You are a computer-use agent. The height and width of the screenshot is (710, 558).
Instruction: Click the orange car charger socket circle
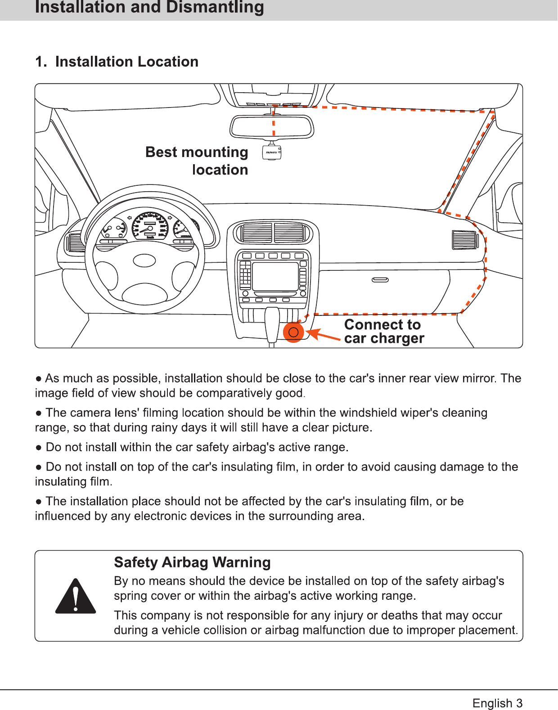point(293,333)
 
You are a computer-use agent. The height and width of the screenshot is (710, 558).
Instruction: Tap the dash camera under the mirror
point(272,153)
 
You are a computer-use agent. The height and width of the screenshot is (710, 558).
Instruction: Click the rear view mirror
point(272,126)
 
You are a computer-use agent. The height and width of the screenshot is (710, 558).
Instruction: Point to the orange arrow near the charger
point(322,335)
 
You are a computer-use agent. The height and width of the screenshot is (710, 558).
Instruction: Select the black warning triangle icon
point(76,597)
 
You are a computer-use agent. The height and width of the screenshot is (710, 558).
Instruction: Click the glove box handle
point(380,280)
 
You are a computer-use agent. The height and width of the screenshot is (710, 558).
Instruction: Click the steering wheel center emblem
point(144,260)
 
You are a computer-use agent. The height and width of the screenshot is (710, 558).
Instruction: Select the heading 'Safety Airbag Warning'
point(192,562)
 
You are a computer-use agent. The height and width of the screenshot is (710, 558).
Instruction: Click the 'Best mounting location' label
point(197,161)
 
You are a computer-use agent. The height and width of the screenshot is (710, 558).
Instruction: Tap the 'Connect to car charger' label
point(384,331)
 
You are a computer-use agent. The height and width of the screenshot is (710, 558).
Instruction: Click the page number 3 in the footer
point(519,703)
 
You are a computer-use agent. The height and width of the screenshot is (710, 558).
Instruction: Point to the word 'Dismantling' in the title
point(215,7)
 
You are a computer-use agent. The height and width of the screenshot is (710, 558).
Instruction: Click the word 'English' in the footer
point(492,703)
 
